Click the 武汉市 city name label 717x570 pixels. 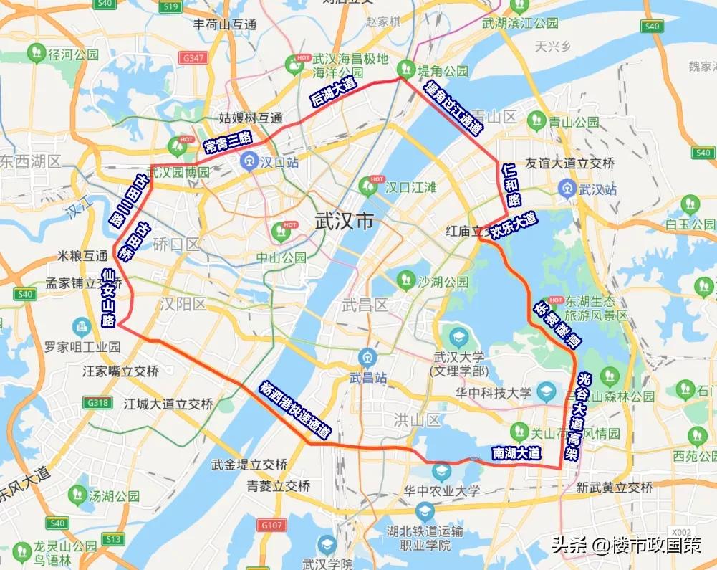pos(345,222)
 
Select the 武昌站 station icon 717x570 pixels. pos(367,356)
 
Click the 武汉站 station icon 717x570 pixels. pos(568,189)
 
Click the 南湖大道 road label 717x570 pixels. pos(516,453)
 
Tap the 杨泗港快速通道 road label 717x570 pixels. pos(296,409)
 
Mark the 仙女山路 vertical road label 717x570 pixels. pos(109,296)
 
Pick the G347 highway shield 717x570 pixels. pos(194,57)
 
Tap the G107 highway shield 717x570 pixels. pos(271,525)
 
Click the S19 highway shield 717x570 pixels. pos(170,7)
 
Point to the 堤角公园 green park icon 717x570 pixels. pos(406,69)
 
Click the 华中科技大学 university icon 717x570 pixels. pos(547,391)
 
